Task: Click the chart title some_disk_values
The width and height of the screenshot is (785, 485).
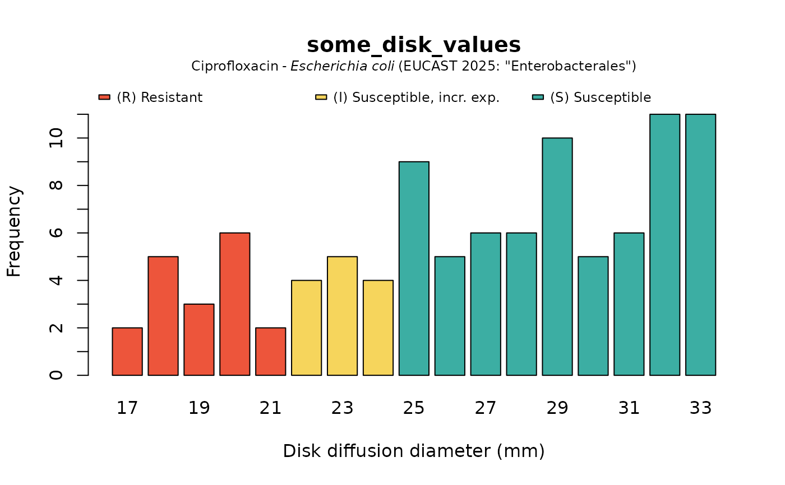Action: click(x=414, y=45)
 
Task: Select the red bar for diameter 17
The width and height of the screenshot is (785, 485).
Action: click(x=127, y=351)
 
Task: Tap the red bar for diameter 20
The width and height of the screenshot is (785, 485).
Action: click(x=235, y=304)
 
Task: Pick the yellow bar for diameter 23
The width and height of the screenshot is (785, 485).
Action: click(x=343, y=316)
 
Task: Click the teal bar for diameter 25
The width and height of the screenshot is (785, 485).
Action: click(x=414, y=268)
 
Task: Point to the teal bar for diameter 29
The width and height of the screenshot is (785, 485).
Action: click(x=557, y=257)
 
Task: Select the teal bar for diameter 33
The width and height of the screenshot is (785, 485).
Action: click(x=701, y=245)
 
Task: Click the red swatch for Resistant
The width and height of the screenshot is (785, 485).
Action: click(x=104, y=97)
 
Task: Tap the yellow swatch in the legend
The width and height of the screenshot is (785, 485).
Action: click(x=321, y=97)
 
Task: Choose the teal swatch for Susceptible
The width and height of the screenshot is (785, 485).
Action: click(x=538, y=97)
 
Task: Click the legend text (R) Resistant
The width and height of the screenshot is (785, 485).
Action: click(x=160, y=97)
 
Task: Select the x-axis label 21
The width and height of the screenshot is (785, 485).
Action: click(x=270, y=408)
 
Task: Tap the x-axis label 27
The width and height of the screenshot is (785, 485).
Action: click(x=486, y=408)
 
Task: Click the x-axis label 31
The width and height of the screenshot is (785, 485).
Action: click(x=629, y=408)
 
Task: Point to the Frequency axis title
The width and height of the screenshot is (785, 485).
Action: click(x=14, y=232)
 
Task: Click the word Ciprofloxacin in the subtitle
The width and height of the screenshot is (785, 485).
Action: click(x=234, y=66)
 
